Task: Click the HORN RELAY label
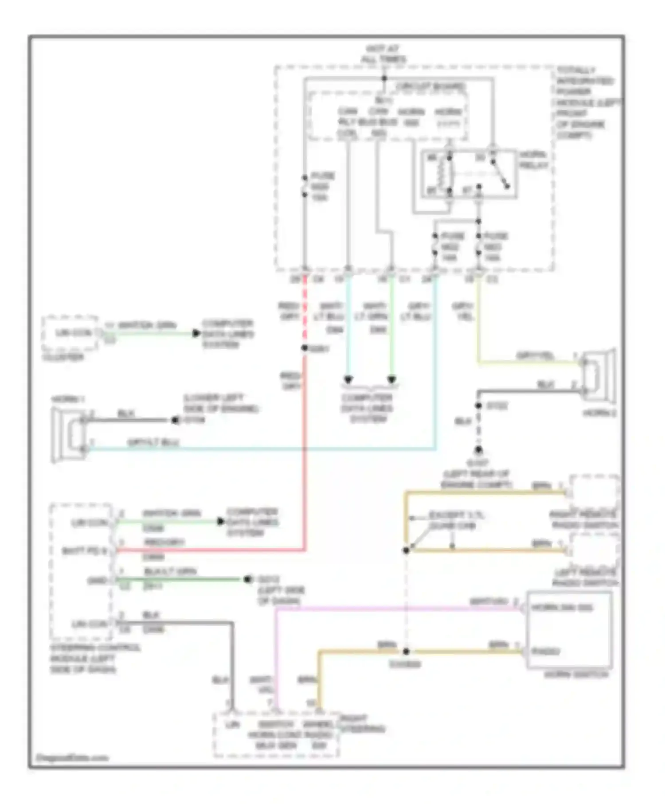coord(533,160)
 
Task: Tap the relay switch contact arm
coord(500,175)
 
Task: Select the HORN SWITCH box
coord(569,629)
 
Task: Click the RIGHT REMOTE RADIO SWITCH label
coord(584,520)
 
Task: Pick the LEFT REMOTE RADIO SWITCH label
coord(585,578)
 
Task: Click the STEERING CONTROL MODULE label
coord(94,659)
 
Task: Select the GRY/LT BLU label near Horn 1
coord(153,442)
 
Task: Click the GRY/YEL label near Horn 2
coord(535,356)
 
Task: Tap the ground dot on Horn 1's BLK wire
coord(175,420)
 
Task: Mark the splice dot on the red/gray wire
coord(305,348)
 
